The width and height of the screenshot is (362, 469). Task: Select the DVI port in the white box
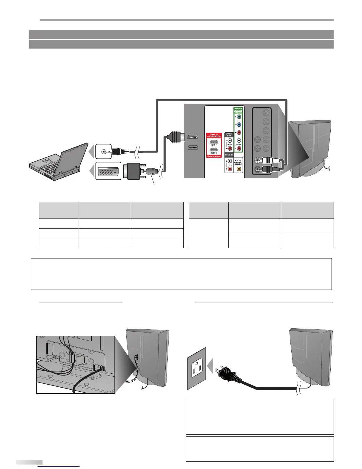108,171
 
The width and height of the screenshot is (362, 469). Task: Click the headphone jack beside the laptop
103,151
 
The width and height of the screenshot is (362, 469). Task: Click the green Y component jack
239,117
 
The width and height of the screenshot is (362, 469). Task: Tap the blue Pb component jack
239,125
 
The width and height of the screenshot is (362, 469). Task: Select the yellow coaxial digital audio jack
239,169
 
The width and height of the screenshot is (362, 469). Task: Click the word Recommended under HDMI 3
214,156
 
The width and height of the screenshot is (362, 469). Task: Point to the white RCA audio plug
271,160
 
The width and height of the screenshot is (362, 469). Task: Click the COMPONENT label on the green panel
238,109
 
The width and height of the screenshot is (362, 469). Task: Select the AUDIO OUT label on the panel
229,135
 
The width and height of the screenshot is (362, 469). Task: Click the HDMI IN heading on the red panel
214,134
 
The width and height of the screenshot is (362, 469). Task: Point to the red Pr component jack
239,133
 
